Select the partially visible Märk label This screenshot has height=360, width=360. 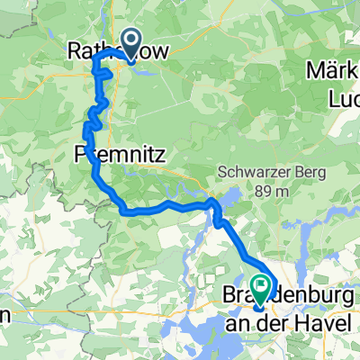click(334, 71)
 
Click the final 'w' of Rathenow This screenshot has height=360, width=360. click(160, 54)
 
